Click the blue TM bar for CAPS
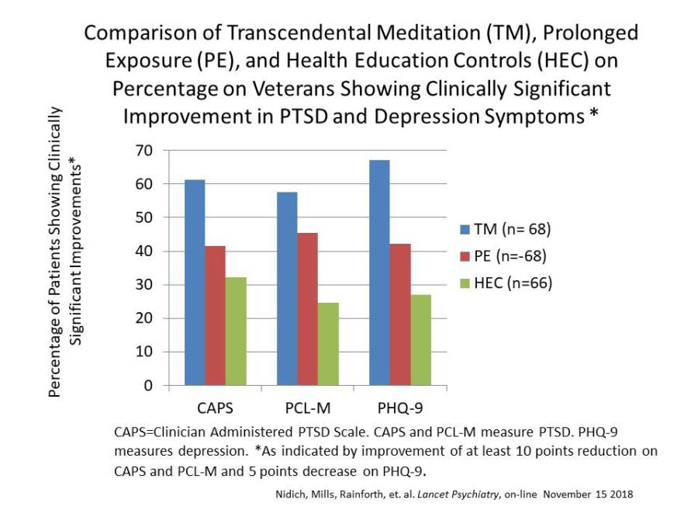click(195, 283)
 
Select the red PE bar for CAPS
click(215, 315)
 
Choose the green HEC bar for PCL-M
click(328, 344)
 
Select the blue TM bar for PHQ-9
click(379, 272)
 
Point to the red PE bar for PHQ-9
click(400, 314)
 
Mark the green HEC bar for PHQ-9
click(420, 339)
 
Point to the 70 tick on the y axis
click(166, 150)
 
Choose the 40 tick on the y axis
click(166, 251)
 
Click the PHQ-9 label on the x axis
click(400, 406)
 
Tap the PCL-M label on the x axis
click(308, 406)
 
